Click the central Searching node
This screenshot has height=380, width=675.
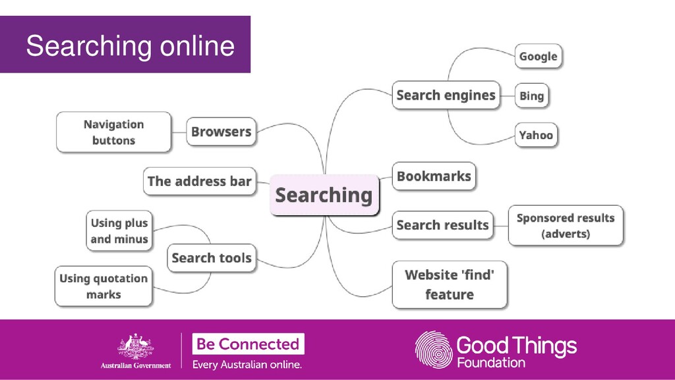click(324, 195)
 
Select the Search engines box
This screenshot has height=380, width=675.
click(446, 95)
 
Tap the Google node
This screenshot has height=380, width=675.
click(538, 57)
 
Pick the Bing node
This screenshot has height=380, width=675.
click(531, 96)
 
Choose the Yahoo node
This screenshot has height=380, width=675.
click(535, 135)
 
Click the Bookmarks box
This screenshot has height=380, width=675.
click(434, 176)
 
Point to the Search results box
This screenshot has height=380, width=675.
click(442, 225)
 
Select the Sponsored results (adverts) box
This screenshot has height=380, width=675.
click(566, 226)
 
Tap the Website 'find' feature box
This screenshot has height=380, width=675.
click(449, 284)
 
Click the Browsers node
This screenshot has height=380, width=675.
click(221, 132)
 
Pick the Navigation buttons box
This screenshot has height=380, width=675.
click(113, 132)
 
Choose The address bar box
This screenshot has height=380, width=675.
click(199, 181)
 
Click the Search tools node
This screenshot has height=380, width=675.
click(211, 258)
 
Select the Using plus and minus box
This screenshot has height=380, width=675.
click(119, 231)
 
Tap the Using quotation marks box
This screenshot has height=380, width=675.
click(103, 286)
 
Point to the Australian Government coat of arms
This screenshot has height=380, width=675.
click(135, 346)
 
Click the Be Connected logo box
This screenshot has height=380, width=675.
click(248, 344)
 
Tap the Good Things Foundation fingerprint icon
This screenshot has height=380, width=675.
click(433, 350)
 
